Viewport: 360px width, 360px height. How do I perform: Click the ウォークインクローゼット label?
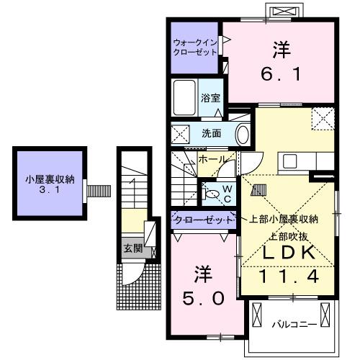(195, 46)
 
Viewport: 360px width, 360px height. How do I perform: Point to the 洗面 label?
(211, 133)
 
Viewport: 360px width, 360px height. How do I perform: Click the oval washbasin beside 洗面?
(243, 134)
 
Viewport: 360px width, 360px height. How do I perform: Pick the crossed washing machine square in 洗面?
(181, 133)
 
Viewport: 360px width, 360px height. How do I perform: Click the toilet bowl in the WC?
(214, 192)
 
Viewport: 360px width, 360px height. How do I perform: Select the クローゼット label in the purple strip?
(202, 219)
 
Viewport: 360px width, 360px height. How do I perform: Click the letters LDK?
(287, 253)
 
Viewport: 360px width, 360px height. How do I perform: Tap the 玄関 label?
(132, 249)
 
